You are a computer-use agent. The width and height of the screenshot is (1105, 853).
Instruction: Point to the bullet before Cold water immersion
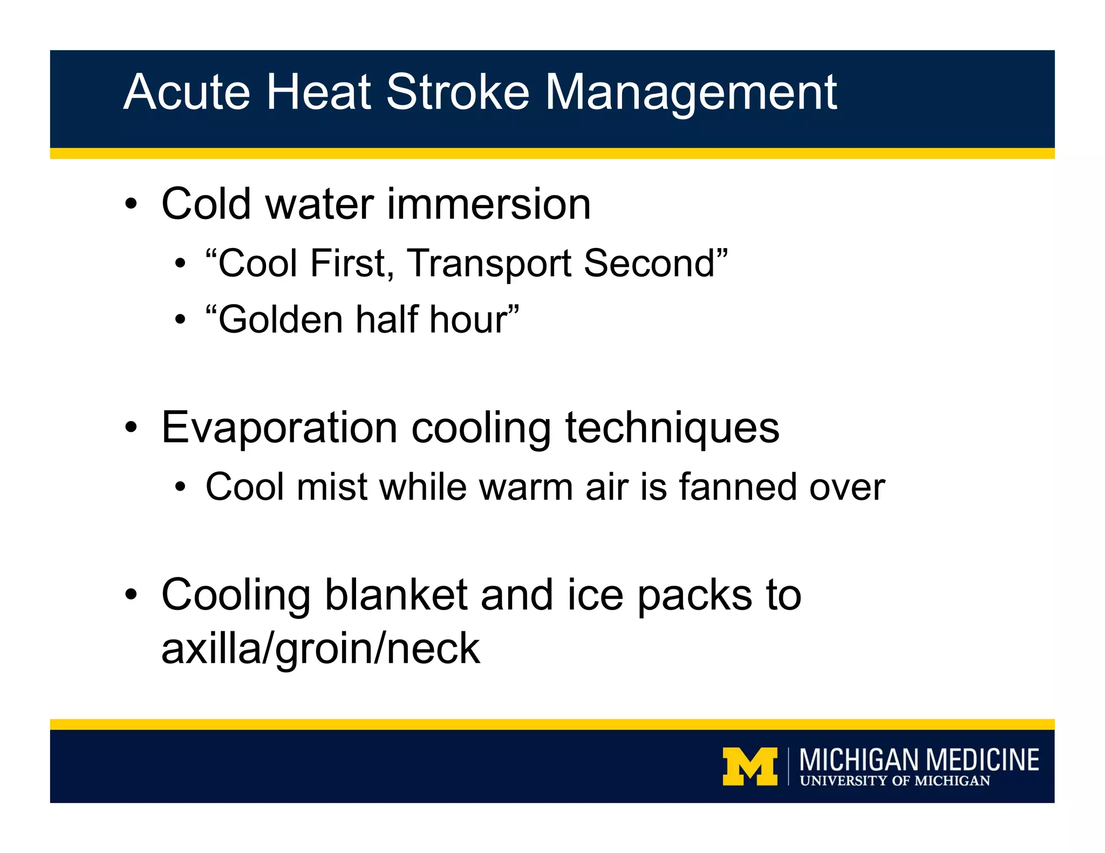131,205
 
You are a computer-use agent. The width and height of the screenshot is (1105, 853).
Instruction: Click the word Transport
489,264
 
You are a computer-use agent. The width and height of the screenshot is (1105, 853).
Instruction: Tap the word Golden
275,319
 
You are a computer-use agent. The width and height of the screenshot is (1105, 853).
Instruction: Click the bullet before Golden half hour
180,320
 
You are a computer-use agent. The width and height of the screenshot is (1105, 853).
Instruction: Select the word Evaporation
279,427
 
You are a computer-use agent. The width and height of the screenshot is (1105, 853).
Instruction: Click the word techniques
672,428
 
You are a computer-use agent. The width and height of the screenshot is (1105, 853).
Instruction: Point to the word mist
332,487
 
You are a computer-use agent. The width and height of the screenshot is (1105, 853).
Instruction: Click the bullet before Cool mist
180,487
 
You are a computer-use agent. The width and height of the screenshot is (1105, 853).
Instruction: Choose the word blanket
396,595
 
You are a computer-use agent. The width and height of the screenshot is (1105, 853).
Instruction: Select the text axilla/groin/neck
320,649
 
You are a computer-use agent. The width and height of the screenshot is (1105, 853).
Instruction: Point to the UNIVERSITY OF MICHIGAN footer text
895,781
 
